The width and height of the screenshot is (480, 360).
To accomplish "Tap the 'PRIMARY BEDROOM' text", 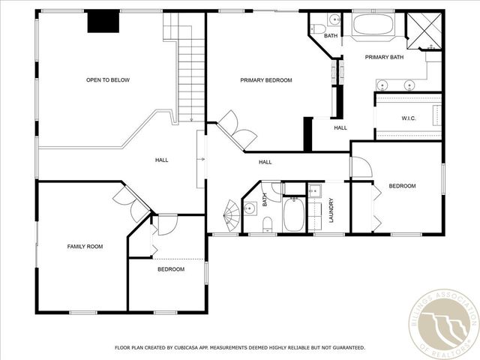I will (265, 80).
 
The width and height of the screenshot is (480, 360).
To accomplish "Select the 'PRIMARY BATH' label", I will (384, 57).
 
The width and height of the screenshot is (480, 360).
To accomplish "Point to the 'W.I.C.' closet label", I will (409, 118).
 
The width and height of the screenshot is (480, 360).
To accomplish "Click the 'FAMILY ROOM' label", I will (85, 246).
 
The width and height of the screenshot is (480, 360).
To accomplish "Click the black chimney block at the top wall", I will (103, 22).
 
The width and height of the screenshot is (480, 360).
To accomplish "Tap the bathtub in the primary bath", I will (373, 24).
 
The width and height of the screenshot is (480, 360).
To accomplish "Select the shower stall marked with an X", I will (423, 30).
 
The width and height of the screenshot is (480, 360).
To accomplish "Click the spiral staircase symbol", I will (232, 216).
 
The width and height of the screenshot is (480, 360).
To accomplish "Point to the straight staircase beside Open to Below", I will (191, 71).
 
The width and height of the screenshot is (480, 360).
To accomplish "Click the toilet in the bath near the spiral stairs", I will (268, 223).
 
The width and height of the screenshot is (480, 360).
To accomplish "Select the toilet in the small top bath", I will (333, 20).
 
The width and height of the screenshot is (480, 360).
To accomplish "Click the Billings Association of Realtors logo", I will (443, 324).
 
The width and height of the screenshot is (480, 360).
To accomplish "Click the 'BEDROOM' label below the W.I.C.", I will (401, 186).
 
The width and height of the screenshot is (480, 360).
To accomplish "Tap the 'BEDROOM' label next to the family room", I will (170, 269).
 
